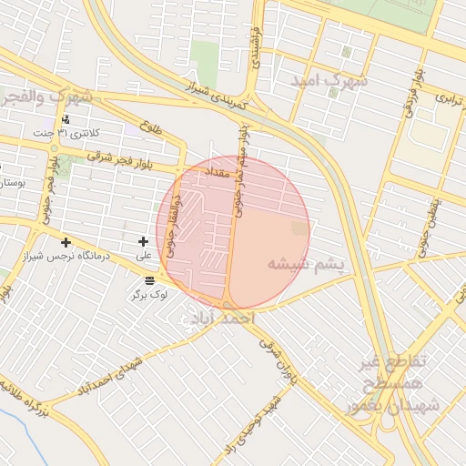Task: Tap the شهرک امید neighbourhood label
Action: pyautogui.click(x=329, y=80)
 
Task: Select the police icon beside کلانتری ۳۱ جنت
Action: pyautogui.click(x=65, y=119)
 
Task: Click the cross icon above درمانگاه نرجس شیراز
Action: pyautogui.click(x=66, y=242)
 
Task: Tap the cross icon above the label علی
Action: pyautogui.click(x=143, y=241)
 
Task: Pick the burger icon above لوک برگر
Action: pyautogui.click(x=149, y=280)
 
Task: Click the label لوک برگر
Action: pyautogui.click(x=149, y=296)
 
